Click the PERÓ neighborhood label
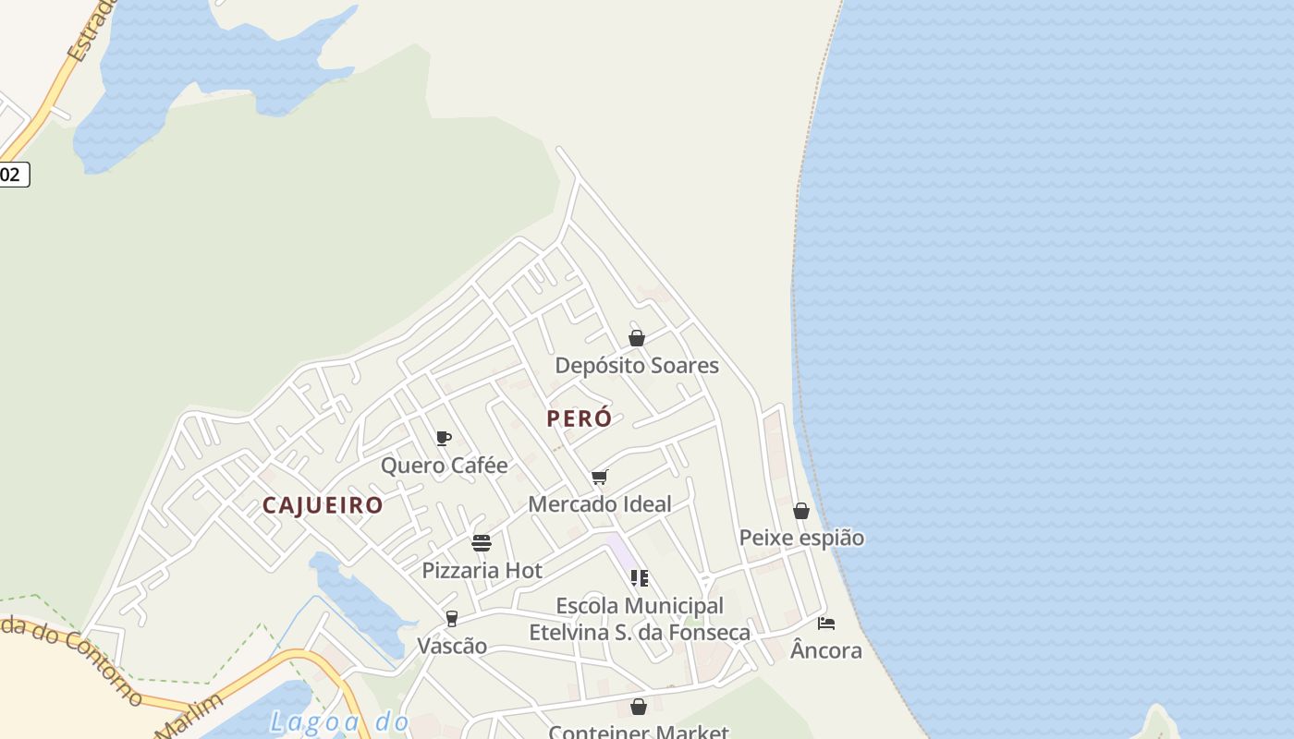pyautogui.click(x=579, y=418)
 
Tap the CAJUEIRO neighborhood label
pyautogui.click(x=323, y=505)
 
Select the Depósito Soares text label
pyautogui.click(x=637, y=366)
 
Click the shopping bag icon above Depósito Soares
pyautogui.click(x=637, y=338)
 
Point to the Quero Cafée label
pyautogui.click(x=445, y=466)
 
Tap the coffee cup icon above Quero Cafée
pyautogui.click(x=444, y=438)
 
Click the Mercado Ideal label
pyautogui.click(x=600, y=504)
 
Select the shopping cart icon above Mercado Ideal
pyautogui.click(x=600, y=477)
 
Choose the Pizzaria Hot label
pyautogui.click(x=482, y=571)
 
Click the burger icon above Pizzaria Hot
pyautogui.click(x=482, y=542)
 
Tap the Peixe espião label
pyautogui.click(x=801, y=538)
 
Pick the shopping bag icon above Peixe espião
pyautogui.click(x=801, y=511)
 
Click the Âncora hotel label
pyautogui.click(x=826, y=650)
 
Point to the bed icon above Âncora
pyautogui.click(x=826, y=624)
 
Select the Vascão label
pyautogui.click(x=452, y=646)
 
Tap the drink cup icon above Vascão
pyautogui.click(x=452, y=618)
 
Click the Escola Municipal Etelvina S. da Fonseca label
pyautogui.click(x=640, y=619)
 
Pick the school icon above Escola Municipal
pyautogui.click(x=639, y=578)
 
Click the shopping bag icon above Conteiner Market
pyautogui.click(x=639, y=707)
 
